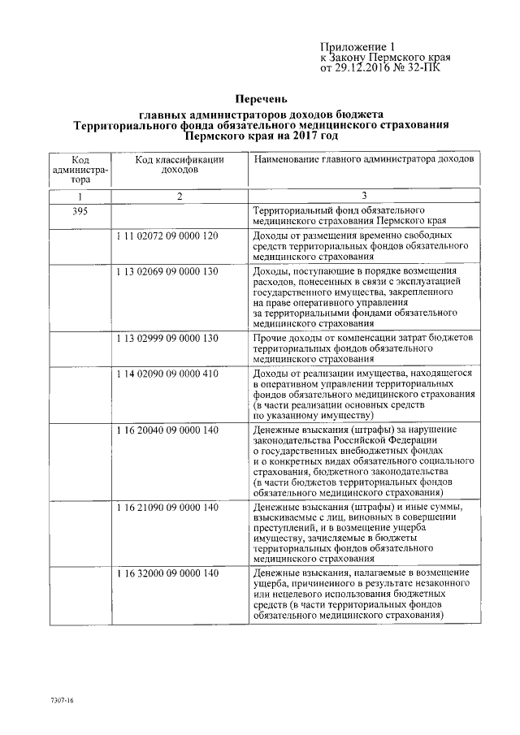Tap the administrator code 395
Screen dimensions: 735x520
pos(79,210)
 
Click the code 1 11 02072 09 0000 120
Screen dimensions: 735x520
pos(167,236)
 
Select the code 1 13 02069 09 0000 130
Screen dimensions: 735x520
pos(167,270)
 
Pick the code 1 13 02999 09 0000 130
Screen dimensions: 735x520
pos(167,337)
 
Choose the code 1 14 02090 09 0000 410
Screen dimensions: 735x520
pos(167,372)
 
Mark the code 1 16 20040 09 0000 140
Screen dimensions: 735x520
pos(167,428)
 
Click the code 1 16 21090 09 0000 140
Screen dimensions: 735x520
pos(167,507)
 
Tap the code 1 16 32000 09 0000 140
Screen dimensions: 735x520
pos(167,573)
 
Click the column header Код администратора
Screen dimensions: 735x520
pos(79,170)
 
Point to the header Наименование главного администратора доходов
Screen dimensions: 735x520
pos(363,160)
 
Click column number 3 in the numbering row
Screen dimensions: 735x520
pos(364,196)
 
